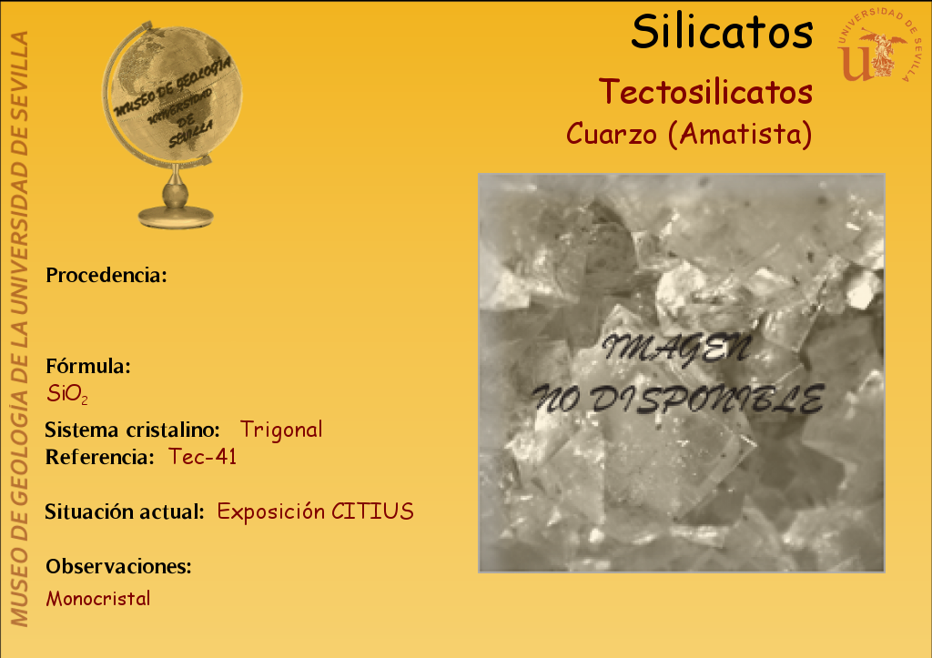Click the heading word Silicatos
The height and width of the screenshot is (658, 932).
pos(722,32)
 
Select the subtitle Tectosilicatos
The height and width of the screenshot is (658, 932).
pos(705,92)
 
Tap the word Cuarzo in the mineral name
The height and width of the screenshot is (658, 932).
pos(612,134)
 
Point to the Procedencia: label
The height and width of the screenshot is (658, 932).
pos(106,275)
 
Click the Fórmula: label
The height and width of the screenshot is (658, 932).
pos(88,366)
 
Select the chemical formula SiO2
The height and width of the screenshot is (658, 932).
pos(67,394)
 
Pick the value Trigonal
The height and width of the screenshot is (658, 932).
pos(281,430)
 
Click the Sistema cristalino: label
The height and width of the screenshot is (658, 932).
pos(133,430)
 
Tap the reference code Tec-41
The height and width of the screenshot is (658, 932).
pos(203,457)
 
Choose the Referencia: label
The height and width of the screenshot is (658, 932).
pos(100,457)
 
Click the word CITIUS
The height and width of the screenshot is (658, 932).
pos(372,511)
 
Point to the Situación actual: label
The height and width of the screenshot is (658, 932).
pos(125,511)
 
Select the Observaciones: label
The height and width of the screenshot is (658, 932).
pos(119,566)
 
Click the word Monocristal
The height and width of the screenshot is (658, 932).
pos(98,599)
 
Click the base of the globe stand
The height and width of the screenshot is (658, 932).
pos(176,217)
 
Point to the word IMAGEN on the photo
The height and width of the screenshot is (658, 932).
pos(676,349)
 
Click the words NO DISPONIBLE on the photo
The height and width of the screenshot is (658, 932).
pos(678,399)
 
